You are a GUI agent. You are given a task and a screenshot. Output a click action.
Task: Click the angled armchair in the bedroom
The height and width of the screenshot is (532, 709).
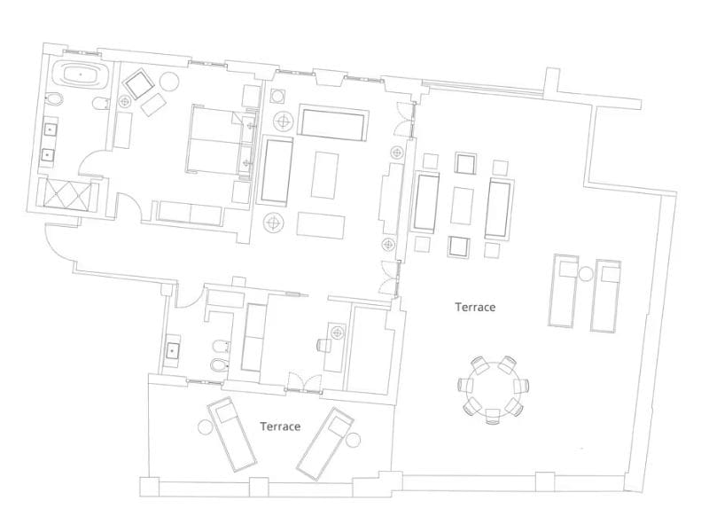click(139, 85)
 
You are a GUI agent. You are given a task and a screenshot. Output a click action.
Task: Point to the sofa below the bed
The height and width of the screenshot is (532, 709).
click(190, 214)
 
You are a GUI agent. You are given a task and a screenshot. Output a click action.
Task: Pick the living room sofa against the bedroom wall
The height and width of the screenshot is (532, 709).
click(277, 169)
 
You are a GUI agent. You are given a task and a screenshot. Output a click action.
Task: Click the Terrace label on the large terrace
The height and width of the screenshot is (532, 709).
click(475, 308)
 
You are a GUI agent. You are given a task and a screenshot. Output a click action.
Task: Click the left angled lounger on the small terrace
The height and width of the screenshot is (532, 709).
click(232, 434)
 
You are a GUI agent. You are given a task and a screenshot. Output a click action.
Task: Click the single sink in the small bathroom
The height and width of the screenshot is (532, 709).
click(174, 350)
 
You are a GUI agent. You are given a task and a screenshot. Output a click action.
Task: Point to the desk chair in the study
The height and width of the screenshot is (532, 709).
click(336, 333)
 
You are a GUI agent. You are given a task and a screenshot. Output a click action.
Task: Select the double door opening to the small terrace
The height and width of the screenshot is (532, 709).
click(302, 384)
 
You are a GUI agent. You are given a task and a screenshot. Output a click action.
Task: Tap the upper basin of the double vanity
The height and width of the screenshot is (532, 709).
click(51, 130)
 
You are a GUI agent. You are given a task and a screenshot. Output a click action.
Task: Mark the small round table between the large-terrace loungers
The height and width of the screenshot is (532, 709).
click(586, 274)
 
